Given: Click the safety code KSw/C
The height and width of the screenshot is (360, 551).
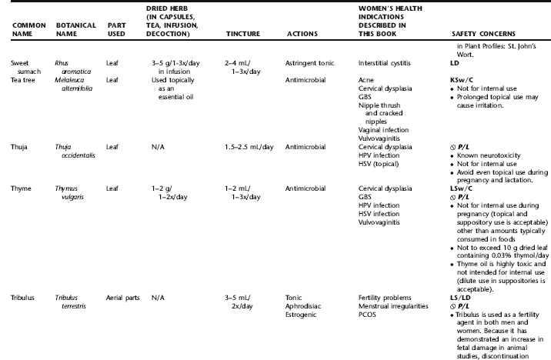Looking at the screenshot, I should click(463, 79).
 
